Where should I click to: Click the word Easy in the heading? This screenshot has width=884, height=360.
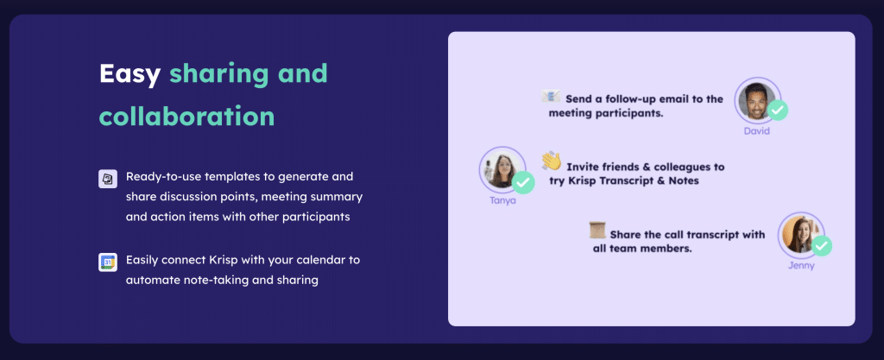pyautogui.click(x=129, y=74)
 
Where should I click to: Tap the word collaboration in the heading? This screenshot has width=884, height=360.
pyautogui.click(x=186, y=116)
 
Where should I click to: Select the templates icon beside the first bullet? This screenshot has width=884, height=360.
pyautogui.click(x=108, y=179)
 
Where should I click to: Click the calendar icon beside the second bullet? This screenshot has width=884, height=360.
pyautogui.click(x=108, y=262)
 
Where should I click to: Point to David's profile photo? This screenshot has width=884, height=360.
pyautogui.click(x=755, y=100)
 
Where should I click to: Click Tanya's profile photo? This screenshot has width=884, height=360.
pyautogui.click(x=500, y=169)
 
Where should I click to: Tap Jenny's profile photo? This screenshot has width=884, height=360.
pyautogui.click(x=799, y=234)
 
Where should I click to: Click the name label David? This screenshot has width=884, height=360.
pyautogui.click(x=757, y=131)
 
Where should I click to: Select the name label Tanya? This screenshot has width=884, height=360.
pyautogui.click(x=502, y=200)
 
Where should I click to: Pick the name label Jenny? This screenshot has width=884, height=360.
pyautogui.click(x=800, y=265)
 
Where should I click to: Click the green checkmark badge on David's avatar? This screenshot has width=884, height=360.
pyautogui.click(x=778, y=111)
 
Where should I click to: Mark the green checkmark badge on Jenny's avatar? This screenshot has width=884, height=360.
pyautogui.click(x=822, y=246)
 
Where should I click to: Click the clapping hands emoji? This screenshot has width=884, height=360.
pyautogui.click(x=551, y=161)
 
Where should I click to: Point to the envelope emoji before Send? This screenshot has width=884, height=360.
pyautogui.click(x=551, y=97)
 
